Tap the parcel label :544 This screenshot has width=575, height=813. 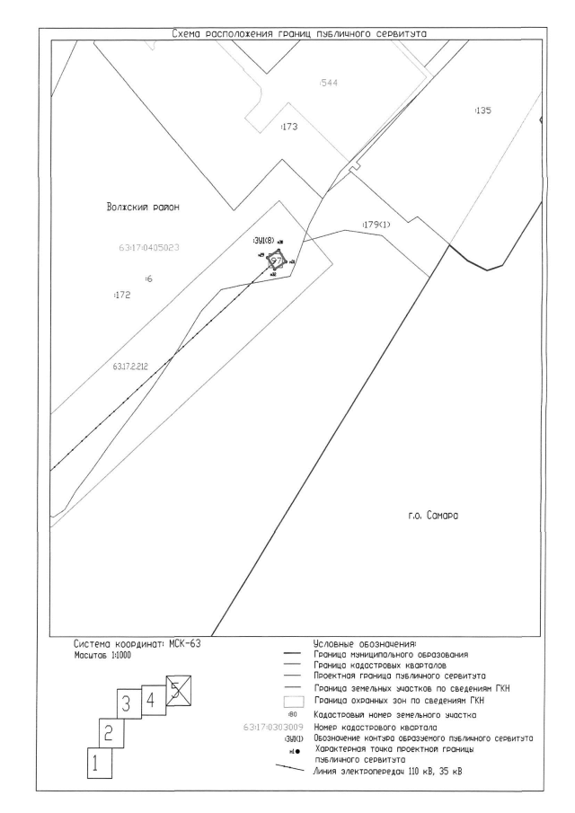pyautogui.click(x=328, y=83)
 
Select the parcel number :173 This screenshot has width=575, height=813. pyautogui.click(x=289, y=127)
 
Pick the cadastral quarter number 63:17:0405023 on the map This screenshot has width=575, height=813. pyautogui.click(x=150, y=243)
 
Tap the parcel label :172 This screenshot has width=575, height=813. pyautogui.click(x=123, y=294)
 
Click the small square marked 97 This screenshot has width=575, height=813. pyautogui.click(x=277, y=261)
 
